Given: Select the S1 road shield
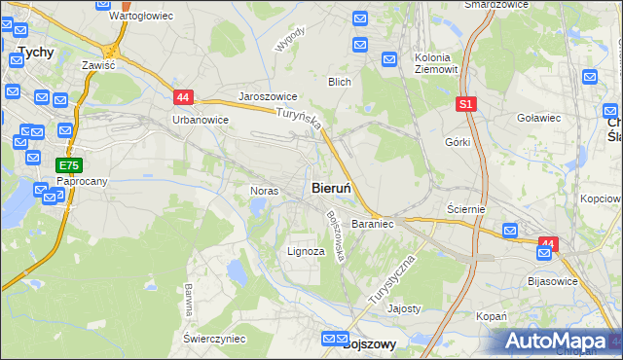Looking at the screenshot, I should tap(466, 103).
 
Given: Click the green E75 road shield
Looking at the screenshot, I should tap(68, 165).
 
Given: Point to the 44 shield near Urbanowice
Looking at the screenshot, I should tap(184, 96).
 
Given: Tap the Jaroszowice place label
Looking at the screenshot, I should tap(268, 97).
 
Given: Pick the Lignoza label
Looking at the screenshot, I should tap(306, 251).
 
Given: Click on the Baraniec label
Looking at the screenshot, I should tap(372, 224).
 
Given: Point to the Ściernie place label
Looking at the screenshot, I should tap(465, 209).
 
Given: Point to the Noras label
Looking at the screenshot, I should tap(265, 191).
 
